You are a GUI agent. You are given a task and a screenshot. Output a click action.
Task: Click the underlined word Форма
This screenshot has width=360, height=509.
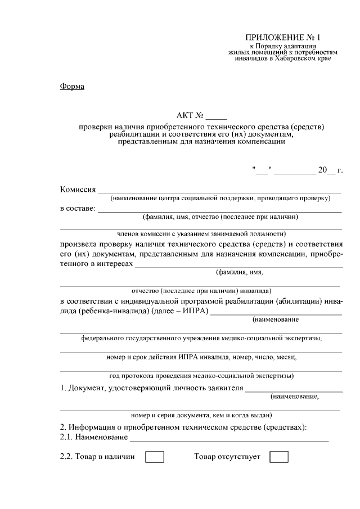tap(71, 86)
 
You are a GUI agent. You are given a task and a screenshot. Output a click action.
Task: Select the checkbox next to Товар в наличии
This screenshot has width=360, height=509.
tap(155, 457)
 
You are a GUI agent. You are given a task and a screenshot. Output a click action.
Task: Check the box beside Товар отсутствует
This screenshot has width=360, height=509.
tap(279, 457)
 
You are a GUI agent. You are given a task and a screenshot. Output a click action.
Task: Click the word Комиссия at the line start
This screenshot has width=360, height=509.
tap(78, 189)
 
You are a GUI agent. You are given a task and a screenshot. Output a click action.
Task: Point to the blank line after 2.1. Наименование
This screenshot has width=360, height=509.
tap(228, 438)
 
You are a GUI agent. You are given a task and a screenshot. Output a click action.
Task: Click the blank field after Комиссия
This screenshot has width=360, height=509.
tap(220, 190)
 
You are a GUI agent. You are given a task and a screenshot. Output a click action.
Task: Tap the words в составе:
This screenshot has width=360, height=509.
tap(78, 209)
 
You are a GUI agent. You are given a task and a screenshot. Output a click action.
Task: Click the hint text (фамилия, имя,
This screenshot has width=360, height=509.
tap(240, 272)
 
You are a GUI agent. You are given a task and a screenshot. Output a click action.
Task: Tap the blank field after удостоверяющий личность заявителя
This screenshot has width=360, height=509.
tap(294, 389)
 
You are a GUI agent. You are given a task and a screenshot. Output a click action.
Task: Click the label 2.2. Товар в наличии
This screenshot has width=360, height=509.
tap(97, 457)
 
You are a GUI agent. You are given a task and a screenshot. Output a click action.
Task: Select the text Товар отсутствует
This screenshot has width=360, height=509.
tap(227, 457)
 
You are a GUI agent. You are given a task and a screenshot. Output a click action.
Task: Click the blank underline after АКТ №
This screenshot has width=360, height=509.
tap(215, 118)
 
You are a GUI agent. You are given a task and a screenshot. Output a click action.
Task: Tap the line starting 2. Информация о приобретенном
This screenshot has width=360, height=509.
tap(183, 428)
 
